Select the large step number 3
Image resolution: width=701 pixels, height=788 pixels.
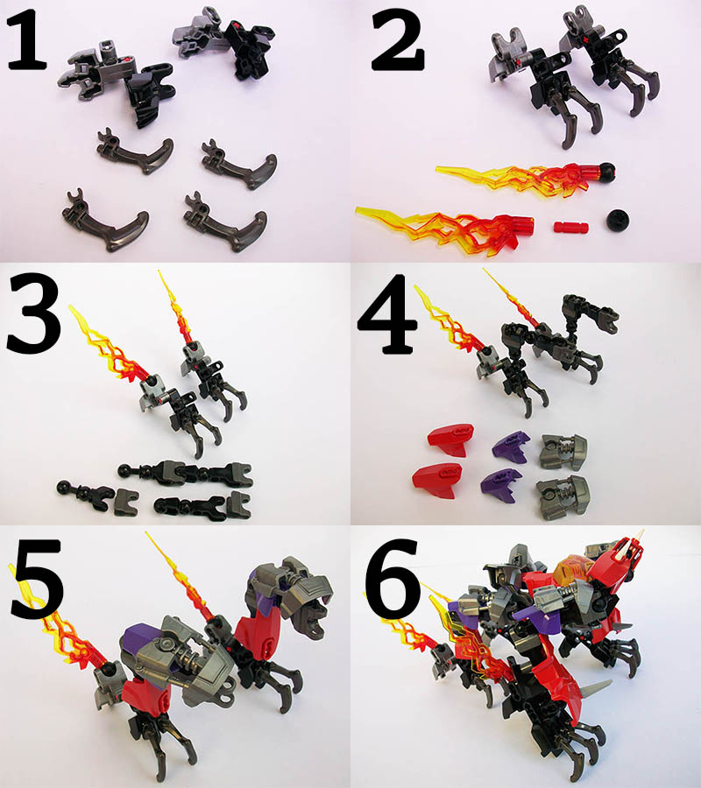point(33,314)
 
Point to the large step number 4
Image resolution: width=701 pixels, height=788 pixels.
point(388,313)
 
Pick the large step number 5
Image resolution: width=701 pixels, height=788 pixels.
point(36,578)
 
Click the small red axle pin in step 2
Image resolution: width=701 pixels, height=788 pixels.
point(570,227)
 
